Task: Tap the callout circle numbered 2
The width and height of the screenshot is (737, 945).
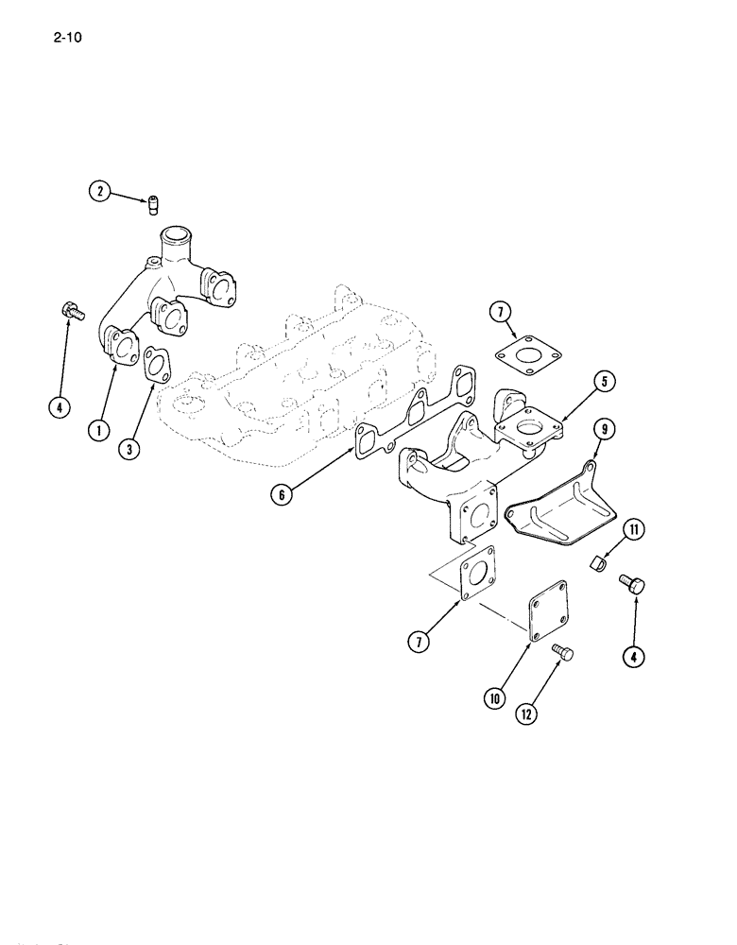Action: pyautogui.click(x=97, y=193)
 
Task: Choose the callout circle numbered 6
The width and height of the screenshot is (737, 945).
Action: pyautogui.click(x=281, y=492)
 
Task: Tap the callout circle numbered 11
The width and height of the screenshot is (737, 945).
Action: pyautogui.click(x=633, y=529)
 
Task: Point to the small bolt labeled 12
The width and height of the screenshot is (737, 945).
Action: pyautogui.click(x=562, y=652)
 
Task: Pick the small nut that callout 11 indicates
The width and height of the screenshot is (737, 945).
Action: pyautogui.click(x=595, y=564)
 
